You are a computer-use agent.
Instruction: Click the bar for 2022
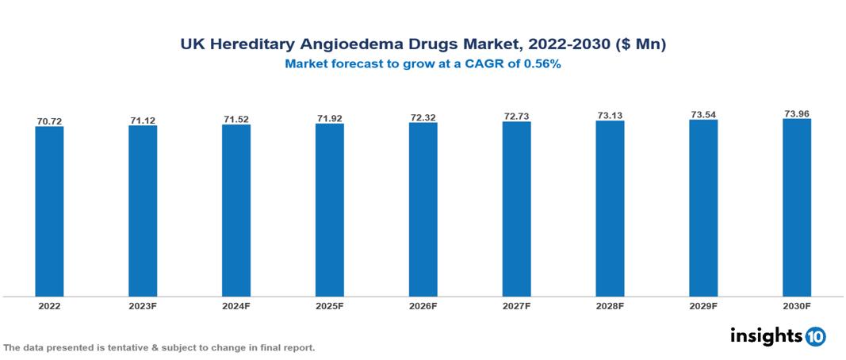pyautogui.click(x=49, y=211)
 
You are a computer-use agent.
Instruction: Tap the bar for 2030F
pyautogui.click(x=797, y=208)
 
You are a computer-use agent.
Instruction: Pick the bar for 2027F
pyautogui.click(x=516, y=209)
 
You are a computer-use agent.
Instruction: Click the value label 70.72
pyautogui.click(x=49, y=121)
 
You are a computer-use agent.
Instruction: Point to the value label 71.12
pyautogui.click(x=143, y=121)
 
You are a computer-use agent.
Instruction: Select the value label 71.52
pyautogui.click(x=236, y=120)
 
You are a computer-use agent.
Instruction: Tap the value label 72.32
pyautogui.click(x=423, y=118)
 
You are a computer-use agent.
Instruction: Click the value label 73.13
pyautogui.click(x=610, y=116)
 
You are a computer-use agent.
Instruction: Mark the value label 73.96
pyautogui.click(x=797, y=114)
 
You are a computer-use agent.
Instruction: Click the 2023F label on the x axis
pyautogui.click(x=143, y=305)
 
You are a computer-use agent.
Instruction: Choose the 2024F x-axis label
pyautogui.click(x=236, y=305)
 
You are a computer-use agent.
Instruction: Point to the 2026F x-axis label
pyautogui.click(x=423, y=305)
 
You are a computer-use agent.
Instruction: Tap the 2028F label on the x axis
pyautogui.click(x=610, y=305)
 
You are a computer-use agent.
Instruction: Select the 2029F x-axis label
pyautogui.click(x=703, y=305)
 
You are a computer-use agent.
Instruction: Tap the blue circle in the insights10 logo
pyautogui.click(x=815, y=336)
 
